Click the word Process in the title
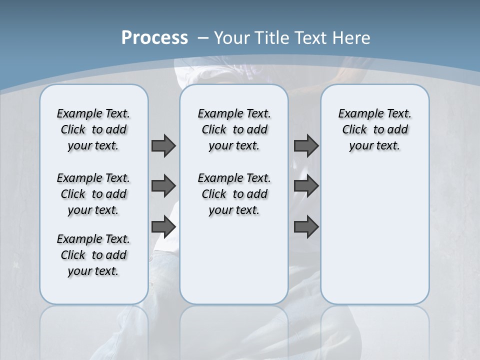click(x=154, y=38)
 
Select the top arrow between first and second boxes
click(x=163, y=145)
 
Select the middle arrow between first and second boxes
click(x=163, y=186)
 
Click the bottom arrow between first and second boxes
click(x=163, y=227)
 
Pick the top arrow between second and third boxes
click(x=306, y=145)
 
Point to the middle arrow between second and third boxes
click(x=306, y=186)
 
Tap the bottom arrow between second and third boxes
click(x=306, y=227)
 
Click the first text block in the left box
click(x=93, y=129)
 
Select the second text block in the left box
click(x=93, y=194)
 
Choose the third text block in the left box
click(x=93, y=255)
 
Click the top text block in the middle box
click(x=234, y=129)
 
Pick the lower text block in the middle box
click(x=234, y=194)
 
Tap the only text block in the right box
click(x=375, y=129)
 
